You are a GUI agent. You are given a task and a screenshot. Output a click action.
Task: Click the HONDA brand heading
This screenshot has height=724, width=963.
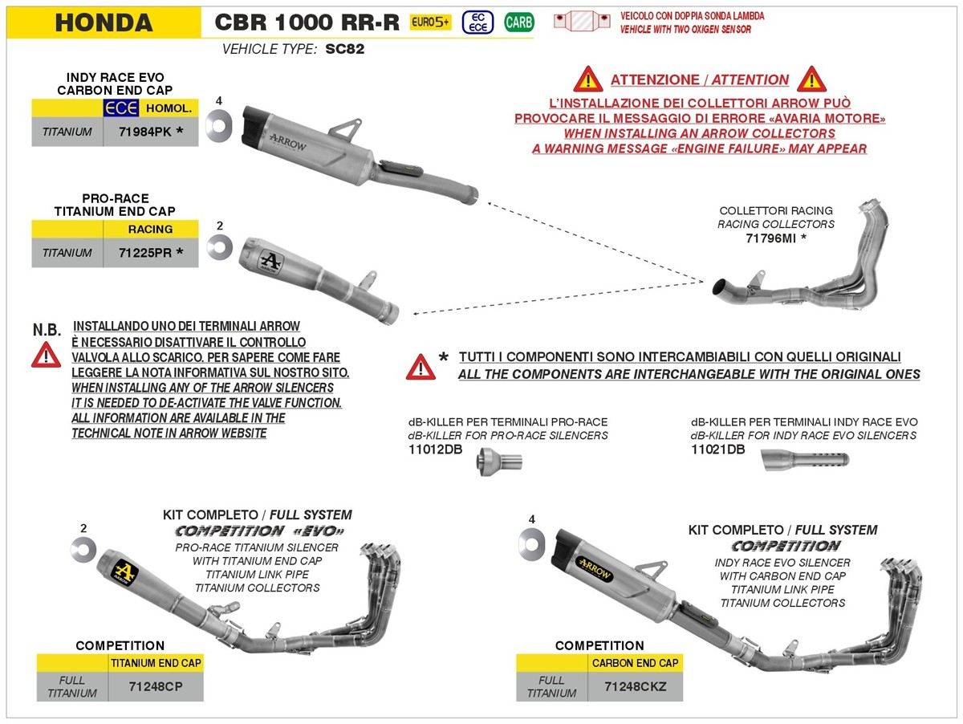point(104,22)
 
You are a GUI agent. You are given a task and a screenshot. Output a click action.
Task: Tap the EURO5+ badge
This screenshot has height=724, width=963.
point(430,22)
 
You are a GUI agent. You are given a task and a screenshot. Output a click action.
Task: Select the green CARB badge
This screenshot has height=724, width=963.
point(518,22)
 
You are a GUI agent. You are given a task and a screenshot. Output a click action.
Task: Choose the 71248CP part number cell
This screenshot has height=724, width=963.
point(156,687)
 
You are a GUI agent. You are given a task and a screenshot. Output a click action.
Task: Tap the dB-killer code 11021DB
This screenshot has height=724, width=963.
point(717,449)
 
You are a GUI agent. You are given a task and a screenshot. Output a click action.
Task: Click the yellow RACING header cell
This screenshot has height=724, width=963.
point(151,229)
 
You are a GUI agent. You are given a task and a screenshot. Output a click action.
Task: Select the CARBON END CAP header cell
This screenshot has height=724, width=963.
point(636,663)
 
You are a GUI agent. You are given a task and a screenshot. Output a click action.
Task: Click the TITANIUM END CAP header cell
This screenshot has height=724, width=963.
point(156,663)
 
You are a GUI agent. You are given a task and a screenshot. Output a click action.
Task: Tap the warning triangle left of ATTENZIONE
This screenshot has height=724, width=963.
point(587,79)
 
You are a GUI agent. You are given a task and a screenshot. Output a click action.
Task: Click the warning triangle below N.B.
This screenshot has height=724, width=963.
point(46,354)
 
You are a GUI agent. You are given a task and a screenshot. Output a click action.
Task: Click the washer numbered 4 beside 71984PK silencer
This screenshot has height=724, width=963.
point(217,124)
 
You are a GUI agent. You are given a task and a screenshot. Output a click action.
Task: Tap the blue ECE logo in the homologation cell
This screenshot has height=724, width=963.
point(121,108)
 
